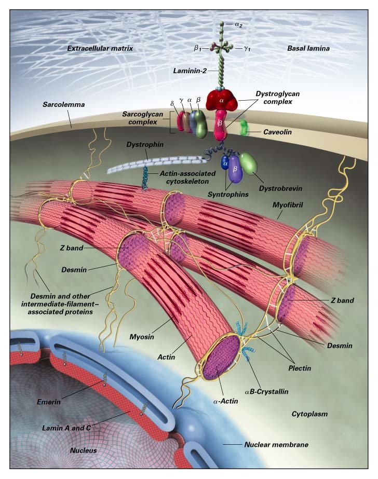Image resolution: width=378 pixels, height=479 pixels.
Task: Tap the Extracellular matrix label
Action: point(100,48)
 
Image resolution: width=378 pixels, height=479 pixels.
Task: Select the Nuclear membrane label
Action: point(276,445)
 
